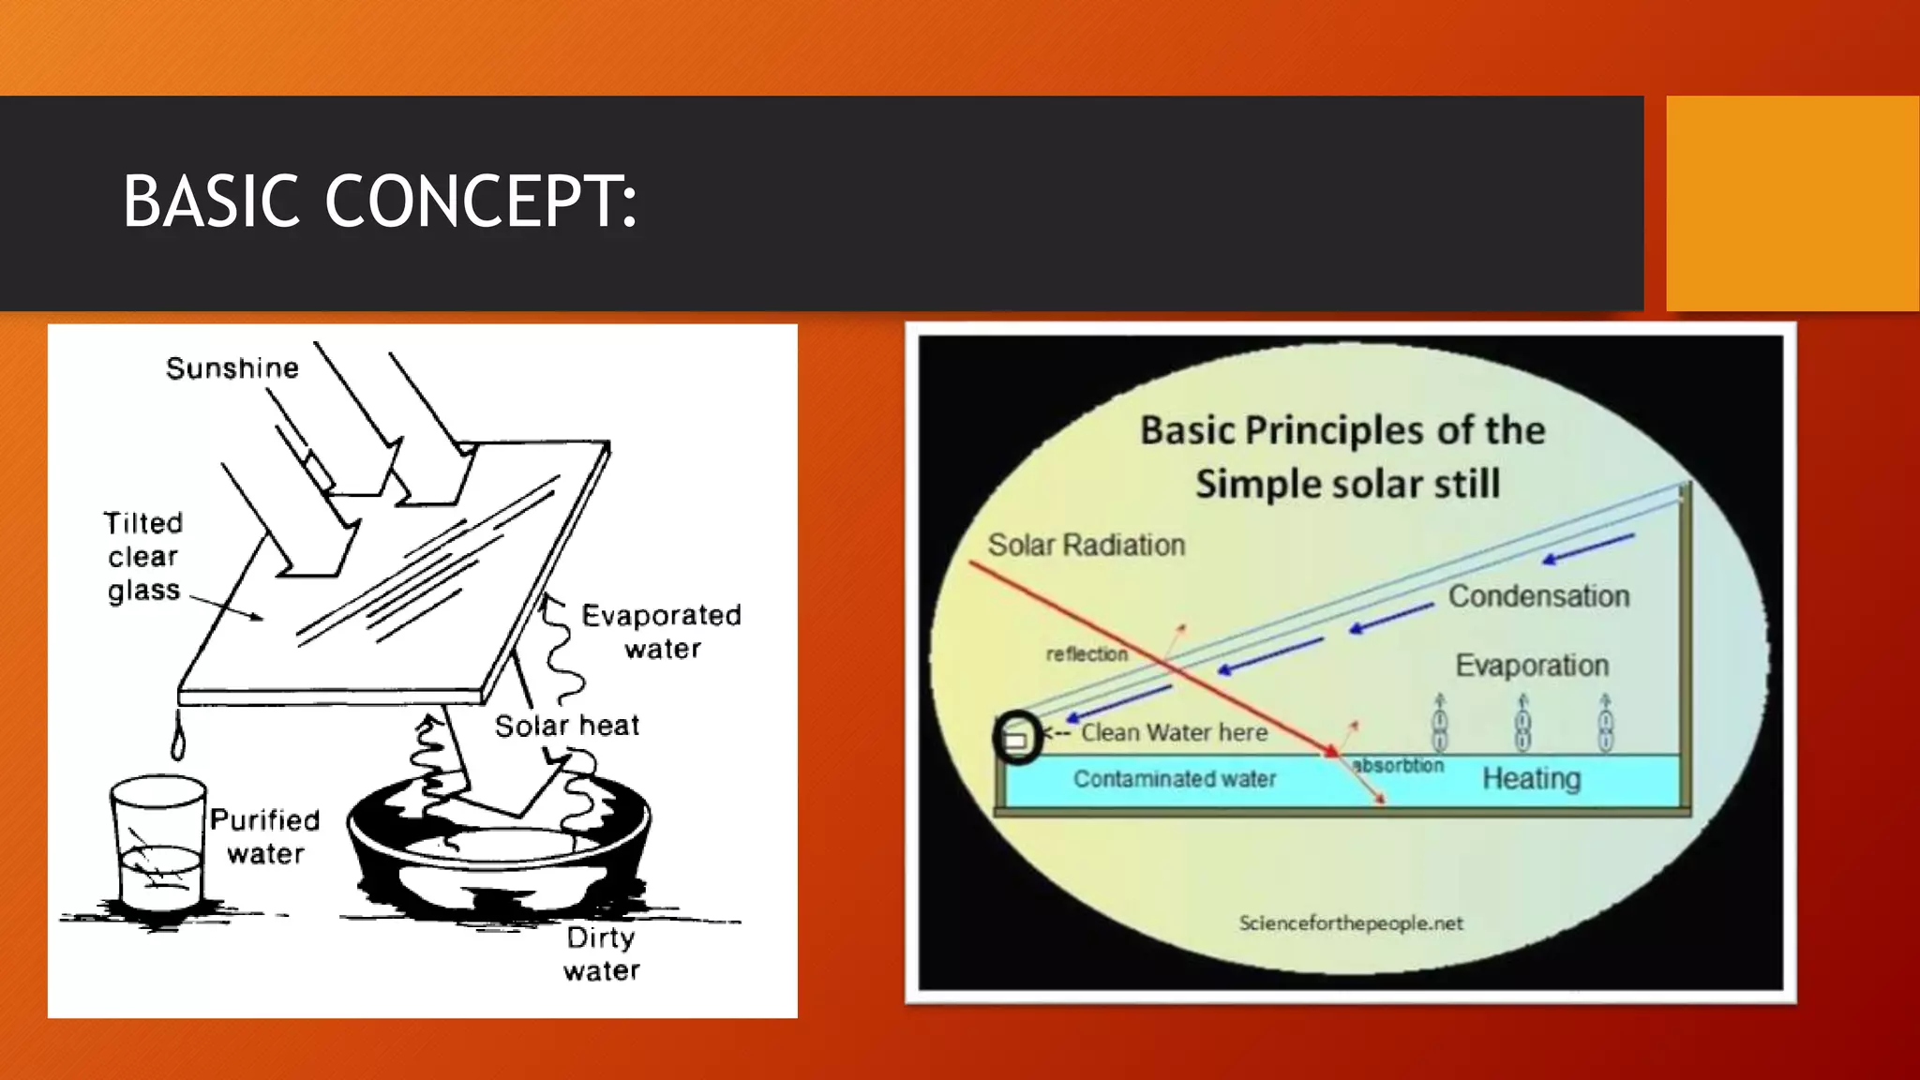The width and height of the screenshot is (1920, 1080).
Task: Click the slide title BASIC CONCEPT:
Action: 380,202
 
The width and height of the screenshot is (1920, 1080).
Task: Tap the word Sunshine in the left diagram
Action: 232,368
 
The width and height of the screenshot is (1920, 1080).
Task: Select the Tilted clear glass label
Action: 143,557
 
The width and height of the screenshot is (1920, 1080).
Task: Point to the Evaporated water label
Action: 662,632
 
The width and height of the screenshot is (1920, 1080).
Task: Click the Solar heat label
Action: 567,726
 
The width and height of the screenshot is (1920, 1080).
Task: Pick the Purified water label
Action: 265,836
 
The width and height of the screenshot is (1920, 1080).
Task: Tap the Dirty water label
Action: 601,953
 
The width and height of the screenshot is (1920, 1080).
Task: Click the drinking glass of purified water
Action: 157,844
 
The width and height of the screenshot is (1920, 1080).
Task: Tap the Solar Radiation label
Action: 1086,545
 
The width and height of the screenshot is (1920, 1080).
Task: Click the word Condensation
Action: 1538,596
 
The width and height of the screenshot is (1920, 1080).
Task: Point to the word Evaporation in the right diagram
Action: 1532,666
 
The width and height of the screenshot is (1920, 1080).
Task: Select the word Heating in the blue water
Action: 1531,778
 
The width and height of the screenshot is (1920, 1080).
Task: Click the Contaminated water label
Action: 1175,779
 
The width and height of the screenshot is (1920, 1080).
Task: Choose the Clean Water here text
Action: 1174,732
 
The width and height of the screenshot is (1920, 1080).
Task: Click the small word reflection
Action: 1087,654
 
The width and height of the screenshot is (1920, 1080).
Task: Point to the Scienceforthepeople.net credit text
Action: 1351,923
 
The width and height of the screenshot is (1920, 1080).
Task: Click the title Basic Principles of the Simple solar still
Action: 1343,457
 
